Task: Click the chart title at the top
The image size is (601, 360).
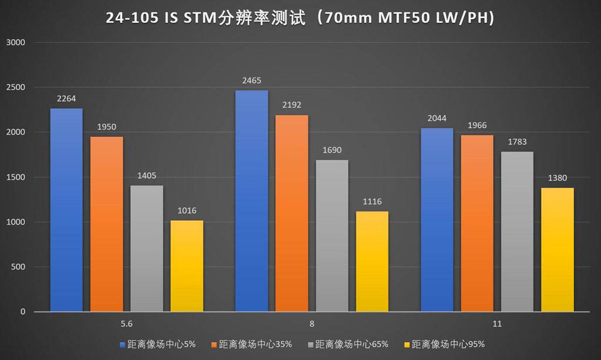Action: point(300,18)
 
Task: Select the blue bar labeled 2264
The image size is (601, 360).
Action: point(66,210)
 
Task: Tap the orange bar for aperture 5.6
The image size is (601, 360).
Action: point(106,224)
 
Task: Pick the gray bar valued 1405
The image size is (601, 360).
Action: point(147,248)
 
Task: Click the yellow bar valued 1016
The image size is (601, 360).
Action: point(187,266)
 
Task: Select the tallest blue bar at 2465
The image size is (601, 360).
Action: point(251,201)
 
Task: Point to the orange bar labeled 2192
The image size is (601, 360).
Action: point(292,213)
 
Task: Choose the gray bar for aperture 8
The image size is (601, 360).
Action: point(332,235)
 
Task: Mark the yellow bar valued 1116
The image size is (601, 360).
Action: point(372,261)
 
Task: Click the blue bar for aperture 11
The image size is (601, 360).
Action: point(437,220)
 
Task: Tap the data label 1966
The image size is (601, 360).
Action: point(477,126)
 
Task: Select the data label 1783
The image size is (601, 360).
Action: point(517,142)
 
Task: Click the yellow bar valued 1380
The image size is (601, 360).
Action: point(558,250)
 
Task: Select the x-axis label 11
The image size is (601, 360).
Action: point(497,324)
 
